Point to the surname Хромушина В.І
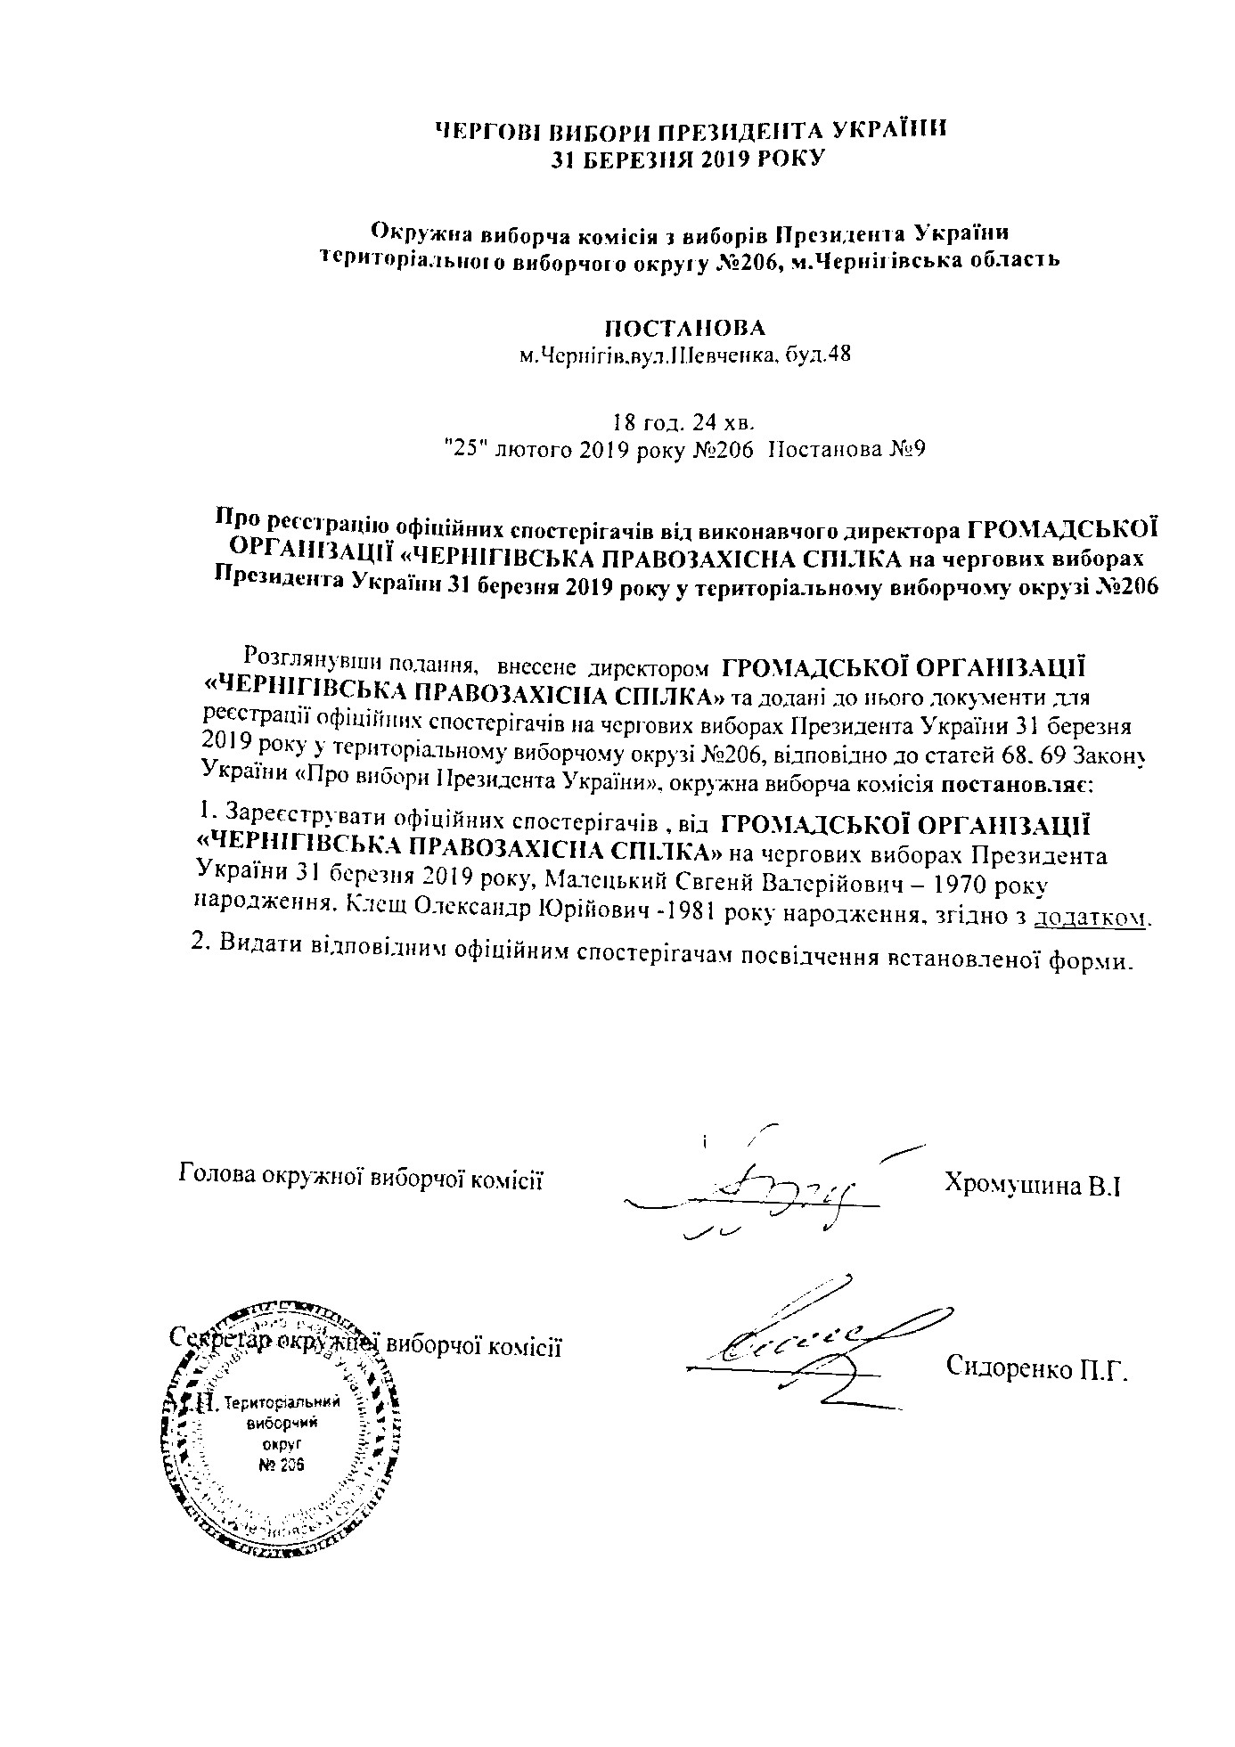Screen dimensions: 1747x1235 [1030, 1186]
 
